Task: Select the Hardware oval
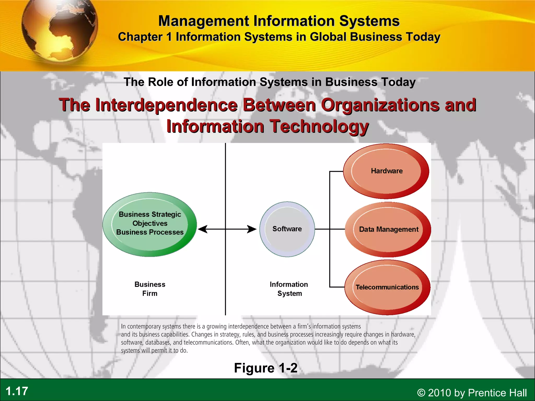[386, 171]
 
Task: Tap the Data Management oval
[388, 229]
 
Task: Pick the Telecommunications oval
[387, 287]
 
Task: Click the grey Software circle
[287, 229]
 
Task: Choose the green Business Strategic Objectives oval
[150, 224]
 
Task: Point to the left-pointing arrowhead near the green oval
[203, 229]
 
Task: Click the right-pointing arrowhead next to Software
[252, 229]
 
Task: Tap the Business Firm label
[150, 289]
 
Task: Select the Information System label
[289, 289]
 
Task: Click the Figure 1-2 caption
[266, 368]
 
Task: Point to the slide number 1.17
[17, 391]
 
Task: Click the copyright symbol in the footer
[421, 393]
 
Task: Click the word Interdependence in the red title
[166, 105]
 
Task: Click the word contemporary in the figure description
[144, 326]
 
